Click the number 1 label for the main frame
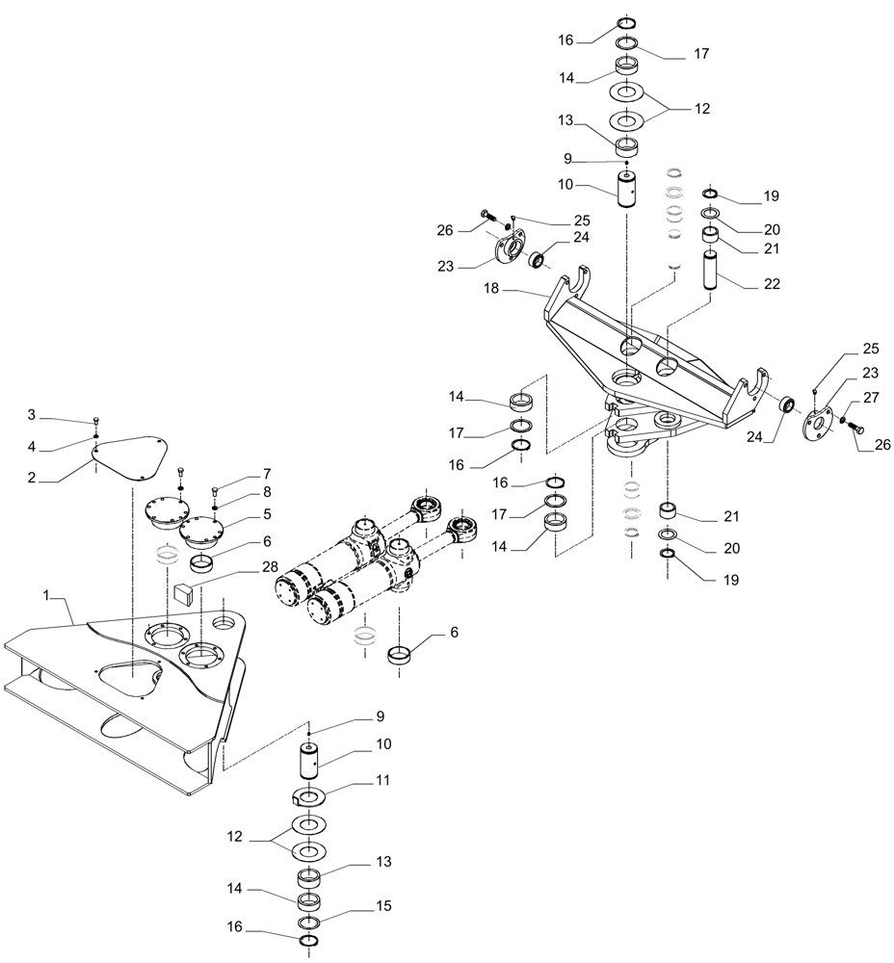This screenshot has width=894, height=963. pyautogui.click(x=45, y=596)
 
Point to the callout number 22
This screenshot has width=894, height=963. pyautogui.click(x=772, y=284)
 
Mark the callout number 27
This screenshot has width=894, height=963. pyautogui.click(x=871, y=396)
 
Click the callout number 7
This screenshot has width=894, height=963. pyautogui.click(x=266, y=474)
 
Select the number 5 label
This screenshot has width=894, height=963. pyautogui.click(x=267, y=514)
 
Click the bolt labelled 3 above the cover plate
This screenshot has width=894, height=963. pyautogui.click(x=96, y=421)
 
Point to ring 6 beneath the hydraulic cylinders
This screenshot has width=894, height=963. pyautogui.click(x=403, y=657)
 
